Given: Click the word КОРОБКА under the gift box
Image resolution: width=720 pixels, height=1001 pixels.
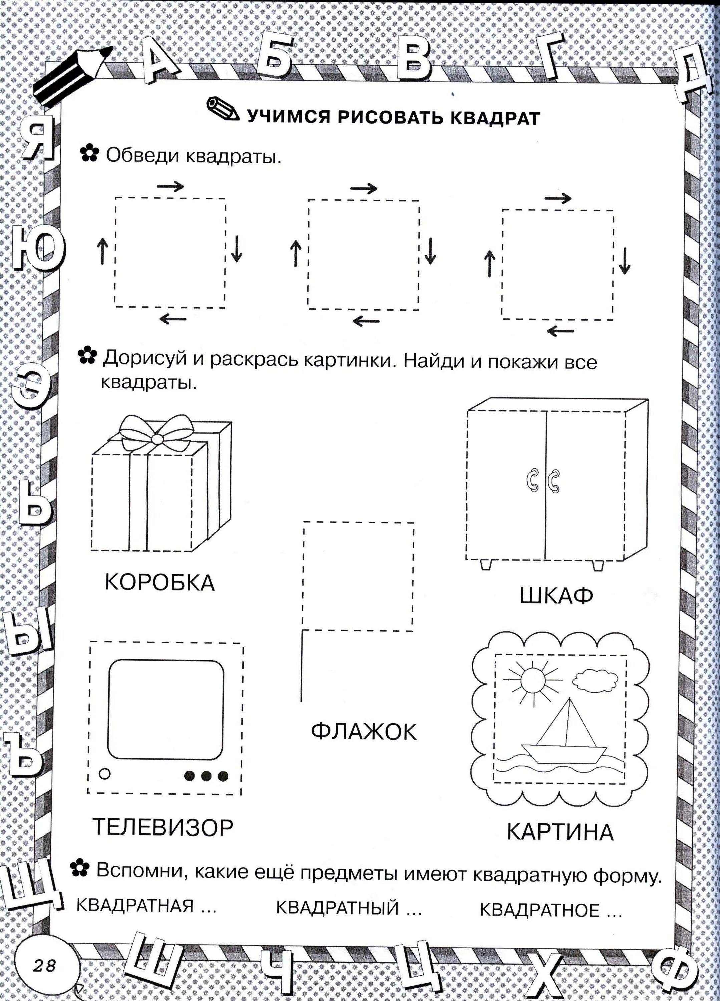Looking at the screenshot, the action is tap(159, 583).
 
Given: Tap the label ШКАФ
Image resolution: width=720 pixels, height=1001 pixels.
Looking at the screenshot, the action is tap(556, 596).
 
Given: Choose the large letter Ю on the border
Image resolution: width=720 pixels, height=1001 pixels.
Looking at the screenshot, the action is tap(37, 247).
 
